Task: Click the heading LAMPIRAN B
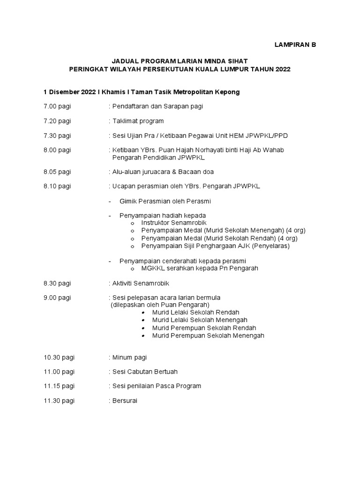click(x=295, y=45)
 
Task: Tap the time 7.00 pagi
click(x=57, y=106)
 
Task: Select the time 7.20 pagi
click(x=57, y=121)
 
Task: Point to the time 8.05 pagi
click(x=57, y=172)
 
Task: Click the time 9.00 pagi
click(x=57, y=298)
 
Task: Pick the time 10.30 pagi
click(x=59, y=357)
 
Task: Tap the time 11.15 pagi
click(x=59, y=386)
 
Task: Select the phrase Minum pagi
click(x=130, y=357)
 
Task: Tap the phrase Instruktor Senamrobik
click(x=174, y=223)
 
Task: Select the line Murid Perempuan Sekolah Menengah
click(x=208, y=336)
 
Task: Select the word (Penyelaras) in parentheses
click(x=271, y=246)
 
